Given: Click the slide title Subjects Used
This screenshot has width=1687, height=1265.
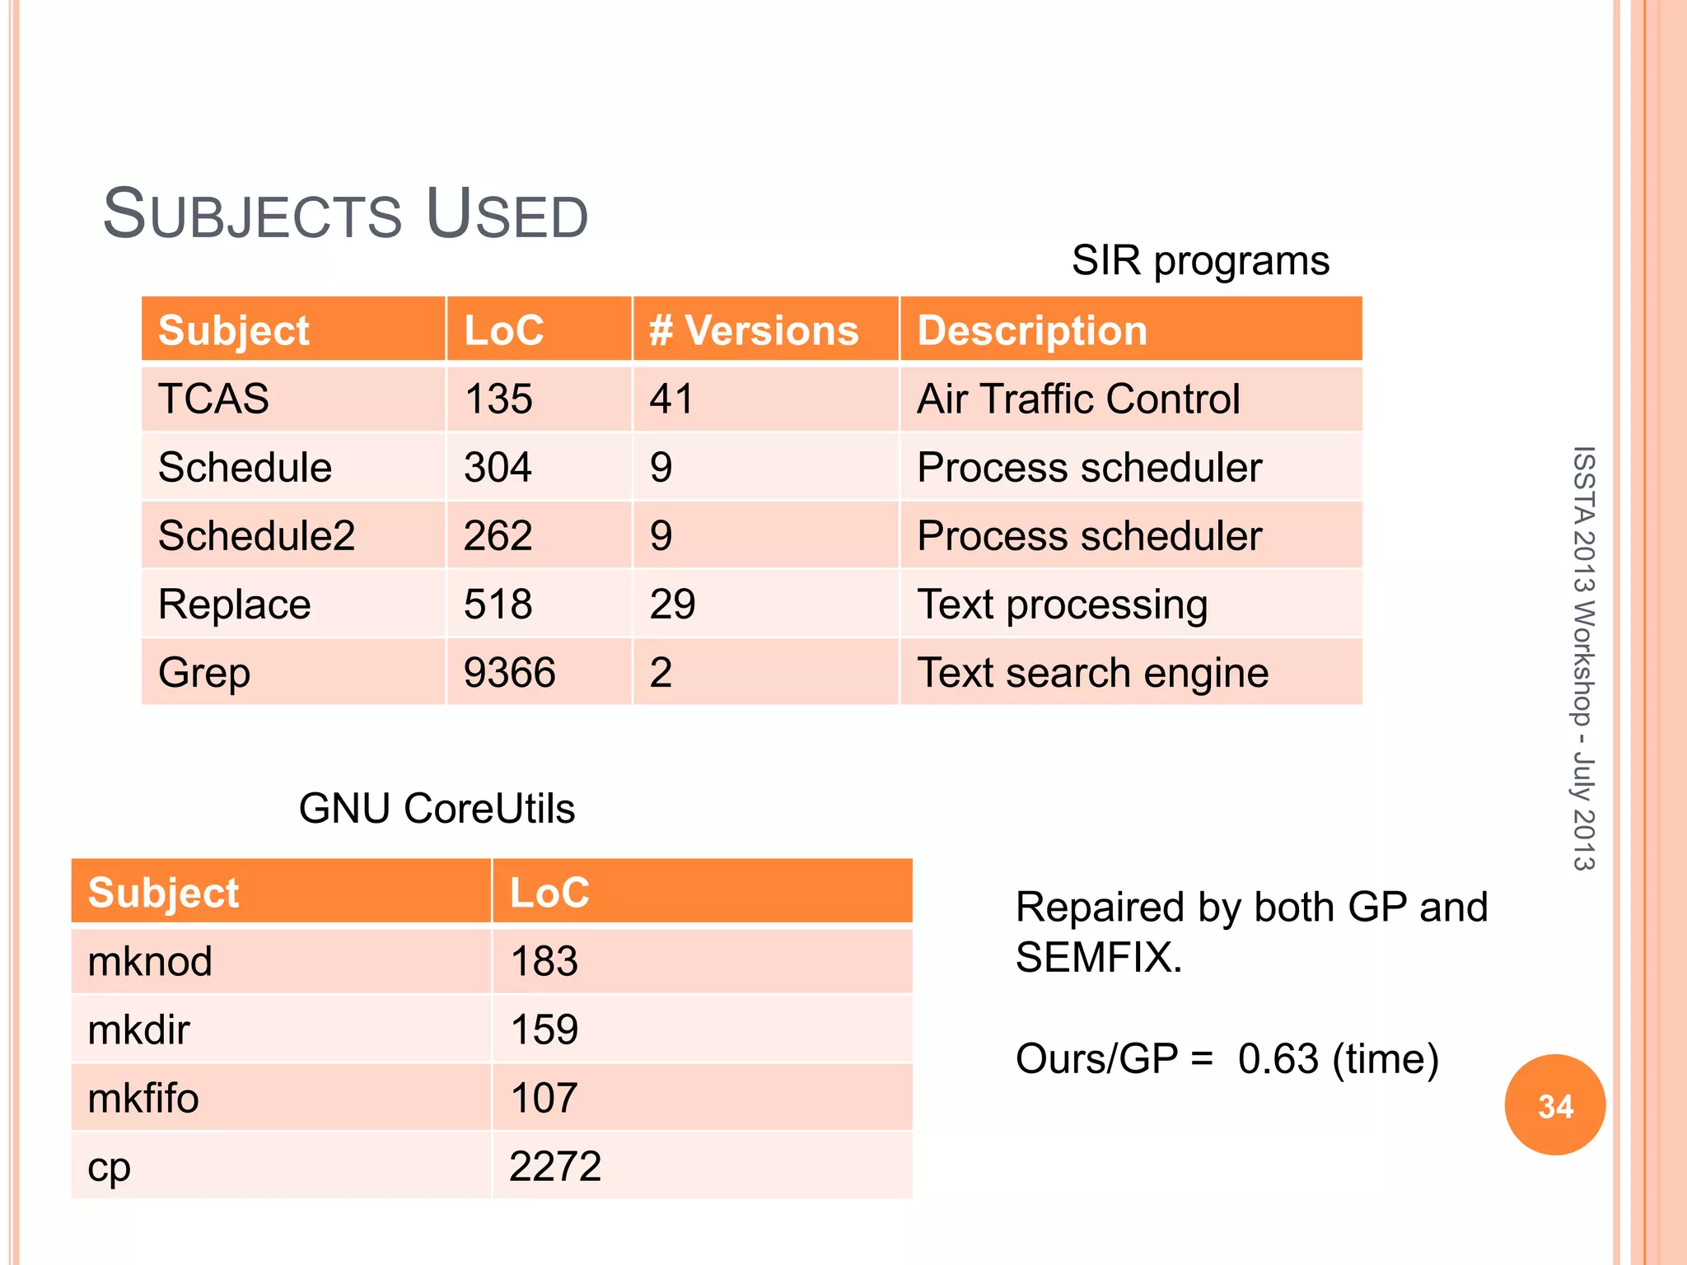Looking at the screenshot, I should tap(345, 214).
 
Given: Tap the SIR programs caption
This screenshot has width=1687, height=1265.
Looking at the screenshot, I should tap(1199, 261).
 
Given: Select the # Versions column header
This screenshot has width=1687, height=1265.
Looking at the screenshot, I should tap(753, 330).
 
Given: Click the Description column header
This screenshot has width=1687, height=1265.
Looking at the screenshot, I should tap(1031, 330).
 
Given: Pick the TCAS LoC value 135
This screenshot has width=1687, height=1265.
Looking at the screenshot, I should tap(498, 399).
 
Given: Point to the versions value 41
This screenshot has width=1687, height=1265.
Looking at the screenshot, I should tap(671, 399).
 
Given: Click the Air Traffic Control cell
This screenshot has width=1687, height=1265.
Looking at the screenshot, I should tap(1077, 399).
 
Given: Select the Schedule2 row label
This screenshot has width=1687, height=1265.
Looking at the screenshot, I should tap(256, 536).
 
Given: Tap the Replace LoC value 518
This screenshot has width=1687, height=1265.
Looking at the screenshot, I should tap(498, 604).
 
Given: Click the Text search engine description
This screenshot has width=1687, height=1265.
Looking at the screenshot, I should tap(1092, 673).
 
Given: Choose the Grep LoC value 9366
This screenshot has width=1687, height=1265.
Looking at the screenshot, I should tap(509, 673).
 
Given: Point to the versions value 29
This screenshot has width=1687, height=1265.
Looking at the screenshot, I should tap(672, 604).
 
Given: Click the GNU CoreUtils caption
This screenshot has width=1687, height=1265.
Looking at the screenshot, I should tap(437, 808).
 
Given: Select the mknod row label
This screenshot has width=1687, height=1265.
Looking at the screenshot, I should tap(150, 961).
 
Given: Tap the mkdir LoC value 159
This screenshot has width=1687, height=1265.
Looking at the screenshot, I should tap(544, 1029).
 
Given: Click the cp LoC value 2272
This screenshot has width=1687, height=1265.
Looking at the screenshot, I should tap(554, 1166).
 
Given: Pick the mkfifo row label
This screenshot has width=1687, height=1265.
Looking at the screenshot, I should tap(143, 1098).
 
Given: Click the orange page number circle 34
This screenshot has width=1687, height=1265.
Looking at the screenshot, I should tap(1554, 1105).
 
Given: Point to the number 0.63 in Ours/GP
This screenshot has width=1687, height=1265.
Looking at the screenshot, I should tap(1278, 1059).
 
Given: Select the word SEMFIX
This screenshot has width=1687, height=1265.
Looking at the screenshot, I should tap(1097, 958).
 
